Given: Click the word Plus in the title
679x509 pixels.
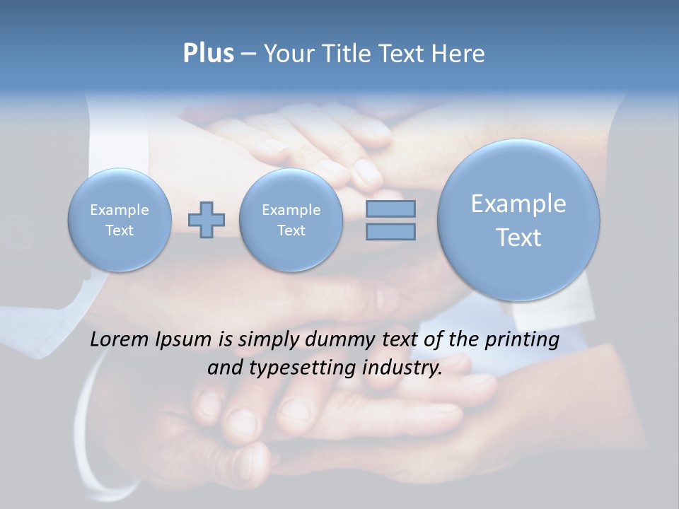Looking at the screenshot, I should pyautogui.click(x=208, y=54).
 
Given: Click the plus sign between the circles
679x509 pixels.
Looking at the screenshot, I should pyautogui.click(x=207, y=220).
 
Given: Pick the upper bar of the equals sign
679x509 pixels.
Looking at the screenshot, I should pyautogui.click(x=390, y=209).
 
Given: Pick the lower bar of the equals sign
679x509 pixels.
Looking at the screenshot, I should pyautogui.click(x=390, y=231).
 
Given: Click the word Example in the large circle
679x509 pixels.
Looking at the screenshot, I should pyautogui.click(x=518, y=204).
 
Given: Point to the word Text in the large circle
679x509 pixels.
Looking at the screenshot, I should pyautogui.click(x=518, y=238).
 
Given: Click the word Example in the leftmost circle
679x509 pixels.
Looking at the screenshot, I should pyautogui.click(x=120, y=210).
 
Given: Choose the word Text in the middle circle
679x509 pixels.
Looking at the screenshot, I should pyautogui.click(x=291, y=230).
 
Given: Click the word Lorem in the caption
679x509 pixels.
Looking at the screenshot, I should pyautogui.click(x=120, y=339).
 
